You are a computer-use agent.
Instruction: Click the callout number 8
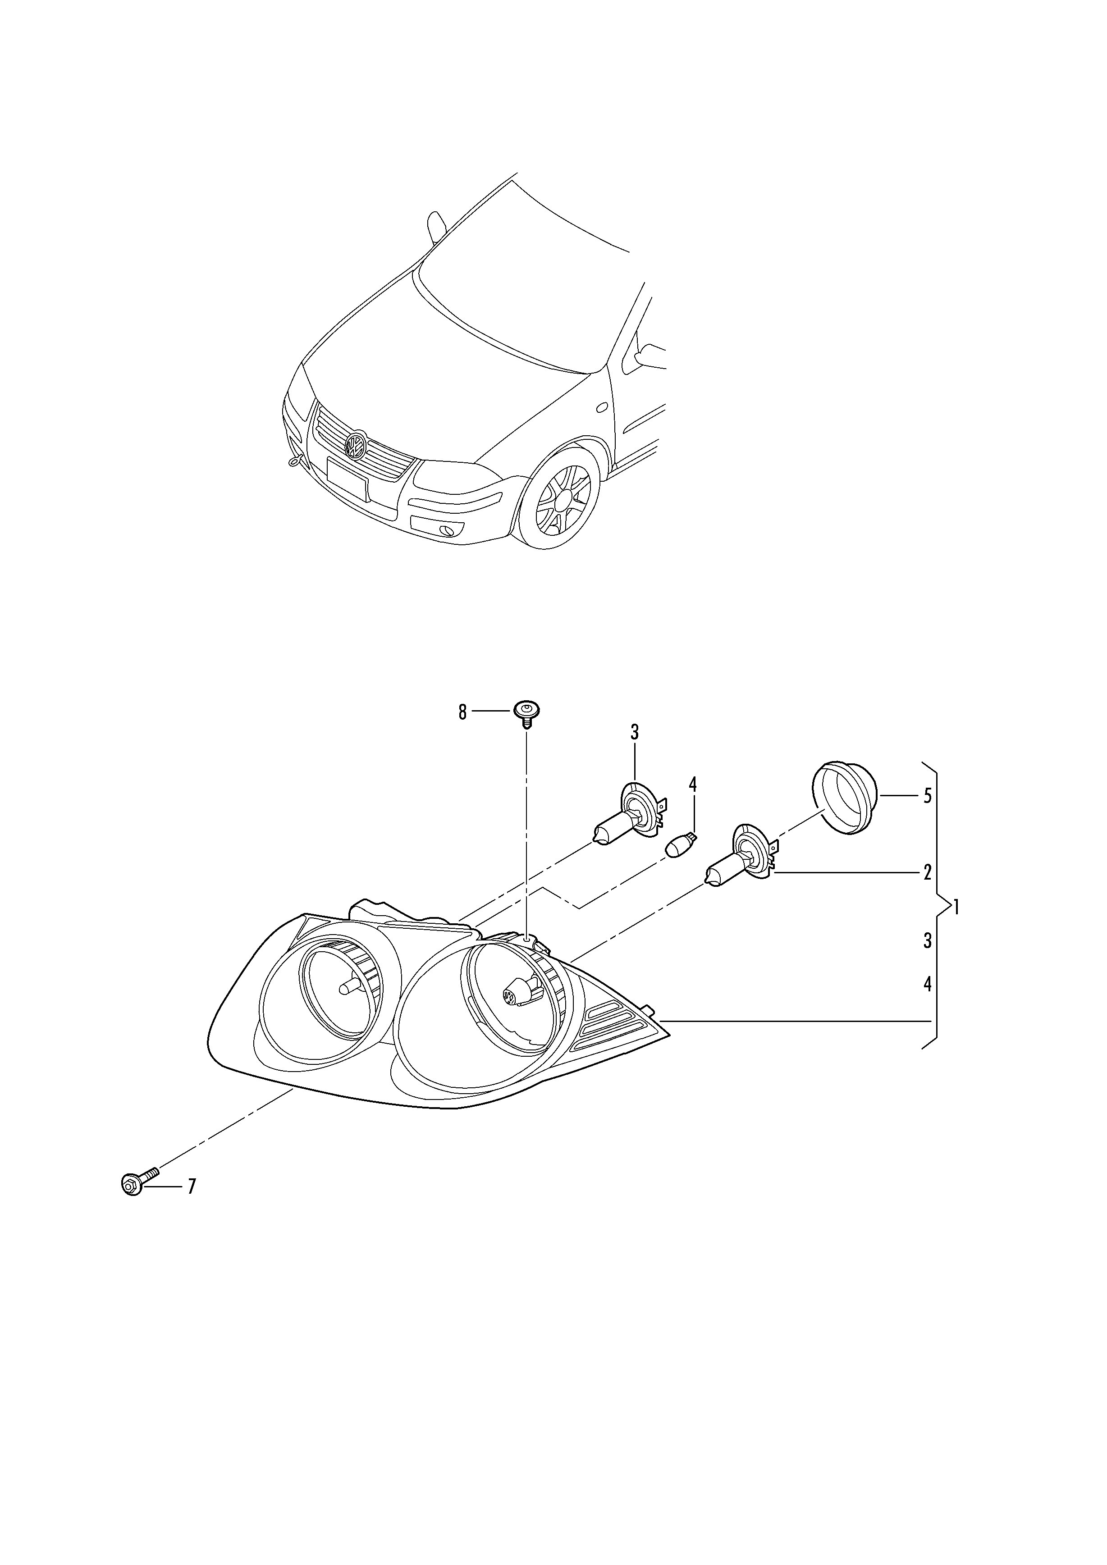(x=462, y=712)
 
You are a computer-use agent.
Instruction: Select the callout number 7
(x=192, y=1186)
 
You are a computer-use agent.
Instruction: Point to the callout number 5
(x=927, y=796)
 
